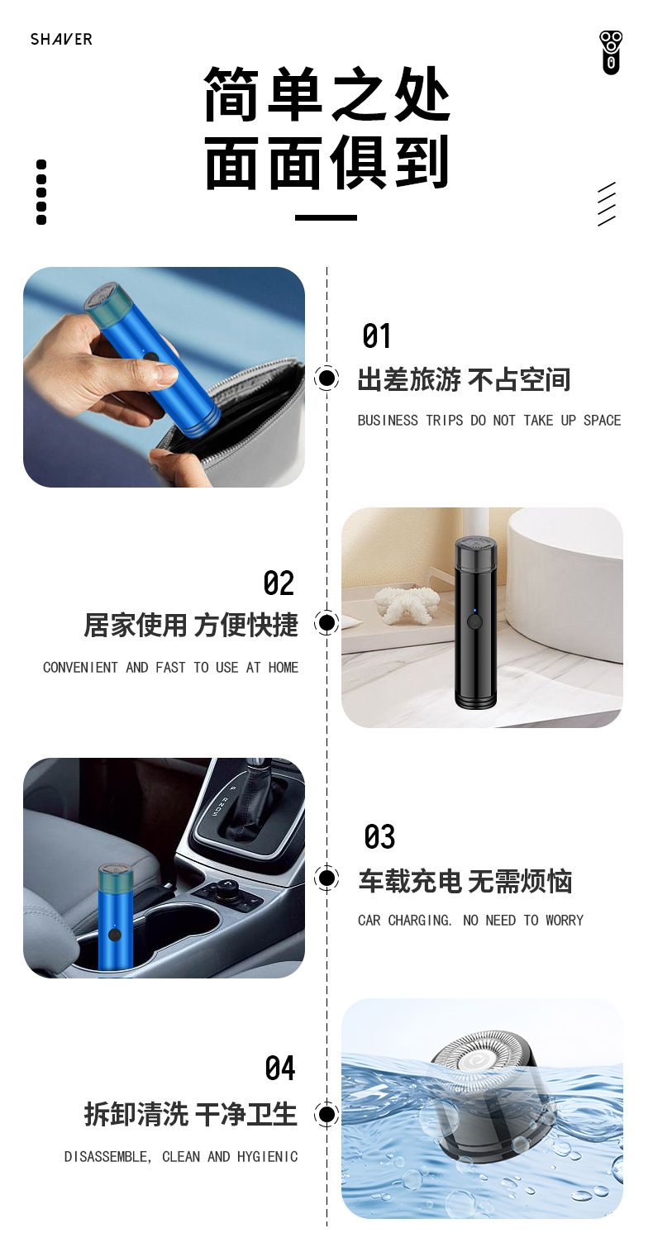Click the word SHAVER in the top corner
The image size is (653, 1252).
pos(61,39)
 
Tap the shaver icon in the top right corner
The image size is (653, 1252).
pos(611,53)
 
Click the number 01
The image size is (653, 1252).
pos(376,336)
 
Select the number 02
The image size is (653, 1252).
pos(279,583)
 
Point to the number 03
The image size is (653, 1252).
pos(379,836)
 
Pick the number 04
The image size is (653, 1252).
pos(280,1068)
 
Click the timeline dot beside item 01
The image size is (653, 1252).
pos(326,378)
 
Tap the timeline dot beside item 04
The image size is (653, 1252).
pos(326,1114)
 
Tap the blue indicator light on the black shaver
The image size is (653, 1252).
pos(473,611)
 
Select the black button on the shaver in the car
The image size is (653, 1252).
pos(115,935)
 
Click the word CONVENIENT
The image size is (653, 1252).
pos(80,668)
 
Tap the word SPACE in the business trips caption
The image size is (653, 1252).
pos(602,421)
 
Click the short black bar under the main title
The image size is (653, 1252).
pos(326,217)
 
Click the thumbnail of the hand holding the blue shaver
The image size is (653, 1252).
pos(164,378)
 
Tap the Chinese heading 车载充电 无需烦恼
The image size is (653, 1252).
pos(465,882)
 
